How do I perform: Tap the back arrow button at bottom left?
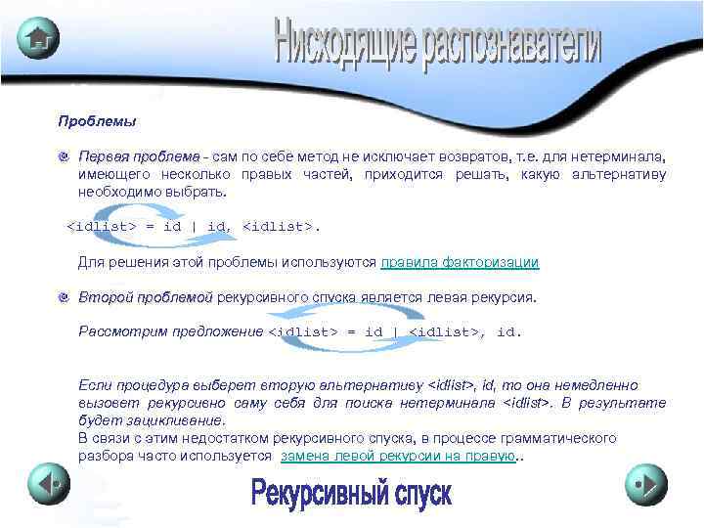click(48, 483)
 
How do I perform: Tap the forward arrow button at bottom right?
click(646, 483)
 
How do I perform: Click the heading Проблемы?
click(97, 122)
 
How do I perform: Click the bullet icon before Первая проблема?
click(64, 157)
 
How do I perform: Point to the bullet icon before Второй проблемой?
click(64, 297)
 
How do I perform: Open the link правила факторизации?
click(460, 262)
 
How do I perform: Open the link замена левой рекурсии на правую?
click(398, 457)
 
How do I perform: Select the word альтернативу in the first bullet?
click(624, 174)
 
